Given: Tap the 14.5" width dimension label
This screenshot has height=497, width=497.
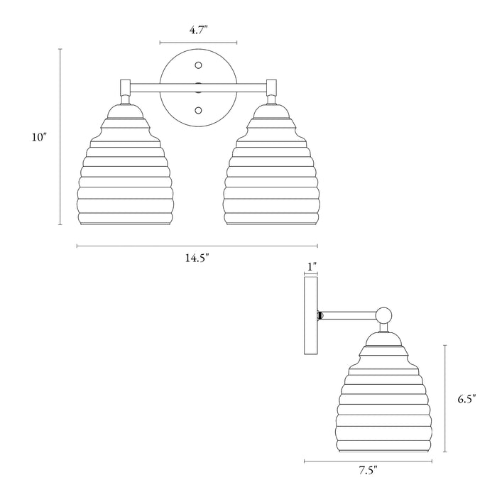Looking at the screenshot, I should click(x=197, y=258).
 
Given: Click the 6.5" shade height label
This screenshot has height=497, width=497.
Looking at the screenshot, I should click(x=466, y=399).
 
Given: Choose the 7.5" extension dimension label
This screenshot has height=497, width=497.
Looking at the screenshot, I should click(x=367, y=469).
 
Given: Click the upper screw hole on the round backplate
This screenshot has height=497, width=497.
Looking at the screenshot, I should click(x=198, y=66).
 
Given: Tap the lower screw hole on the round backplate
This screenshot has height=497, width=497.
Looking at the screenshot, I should click(x=198, y=110).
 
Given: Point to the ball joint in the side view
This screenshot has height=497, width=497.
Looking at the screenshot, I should click(x=383, y=314).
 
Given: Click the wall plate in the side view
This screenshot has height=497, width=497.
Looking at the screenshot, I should click(x=310, y=316).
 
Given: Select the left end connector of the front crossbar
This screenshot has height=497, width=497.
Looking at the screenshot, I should click(x=124, y=88).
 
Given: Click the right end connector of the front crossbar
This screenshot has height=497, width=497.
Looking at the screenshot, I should click(x=271, y=88).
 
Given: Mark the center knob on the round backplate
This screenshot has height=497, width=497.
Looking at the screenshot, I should click(x=198, y=88).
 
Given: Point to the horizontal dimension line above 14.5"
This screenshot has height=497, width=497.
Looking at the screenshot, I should click(x=197, y=246).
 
